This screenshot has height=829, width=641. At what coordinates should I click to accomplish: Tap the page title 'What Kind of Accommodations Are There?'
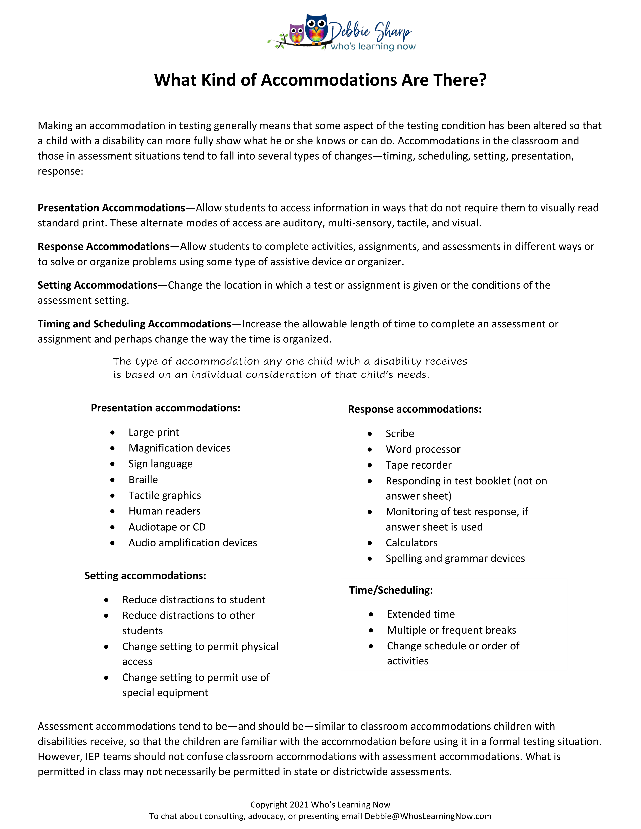pos(320,80)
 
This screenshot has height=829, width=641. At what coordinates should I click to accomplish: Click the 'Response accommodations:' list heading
pos(415,409)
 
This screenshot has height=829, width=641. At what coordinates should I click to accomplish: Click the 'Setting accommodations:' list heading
pos(145,576)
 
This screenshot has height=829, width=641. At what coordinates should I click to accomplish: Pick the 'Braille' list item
pos(143,480)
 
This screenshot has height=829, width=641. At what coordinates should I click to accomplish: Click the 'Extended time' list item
pos(421,614)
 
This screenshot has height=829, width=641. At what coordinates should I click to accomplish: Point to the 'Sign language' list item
pos(161,464)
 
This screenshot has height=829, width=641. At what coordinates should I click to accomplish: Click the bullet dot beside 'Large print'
pos(112,433)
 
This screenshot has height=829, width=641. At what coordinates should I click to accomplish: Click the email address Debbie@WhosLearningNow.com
pos(428,816)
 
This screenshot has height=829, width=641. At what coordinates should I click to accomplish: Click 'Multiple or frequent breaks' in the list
pos(451,631)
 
